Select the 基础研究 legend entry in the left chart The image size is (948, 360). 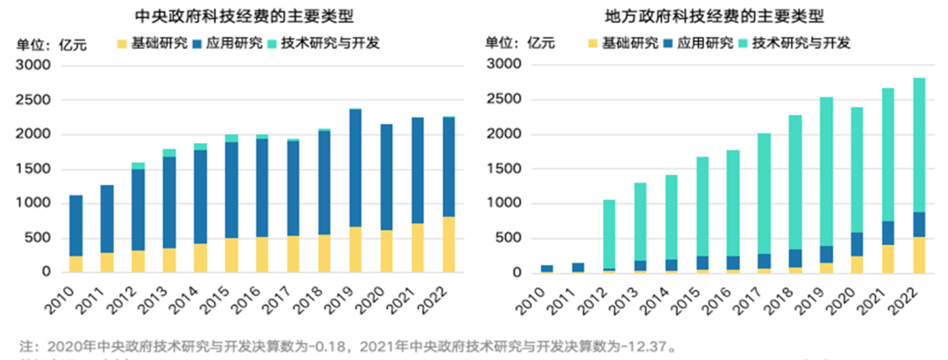tap(151, 42)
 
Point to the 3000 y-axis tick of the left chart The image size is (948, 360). tap(34, 65)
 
